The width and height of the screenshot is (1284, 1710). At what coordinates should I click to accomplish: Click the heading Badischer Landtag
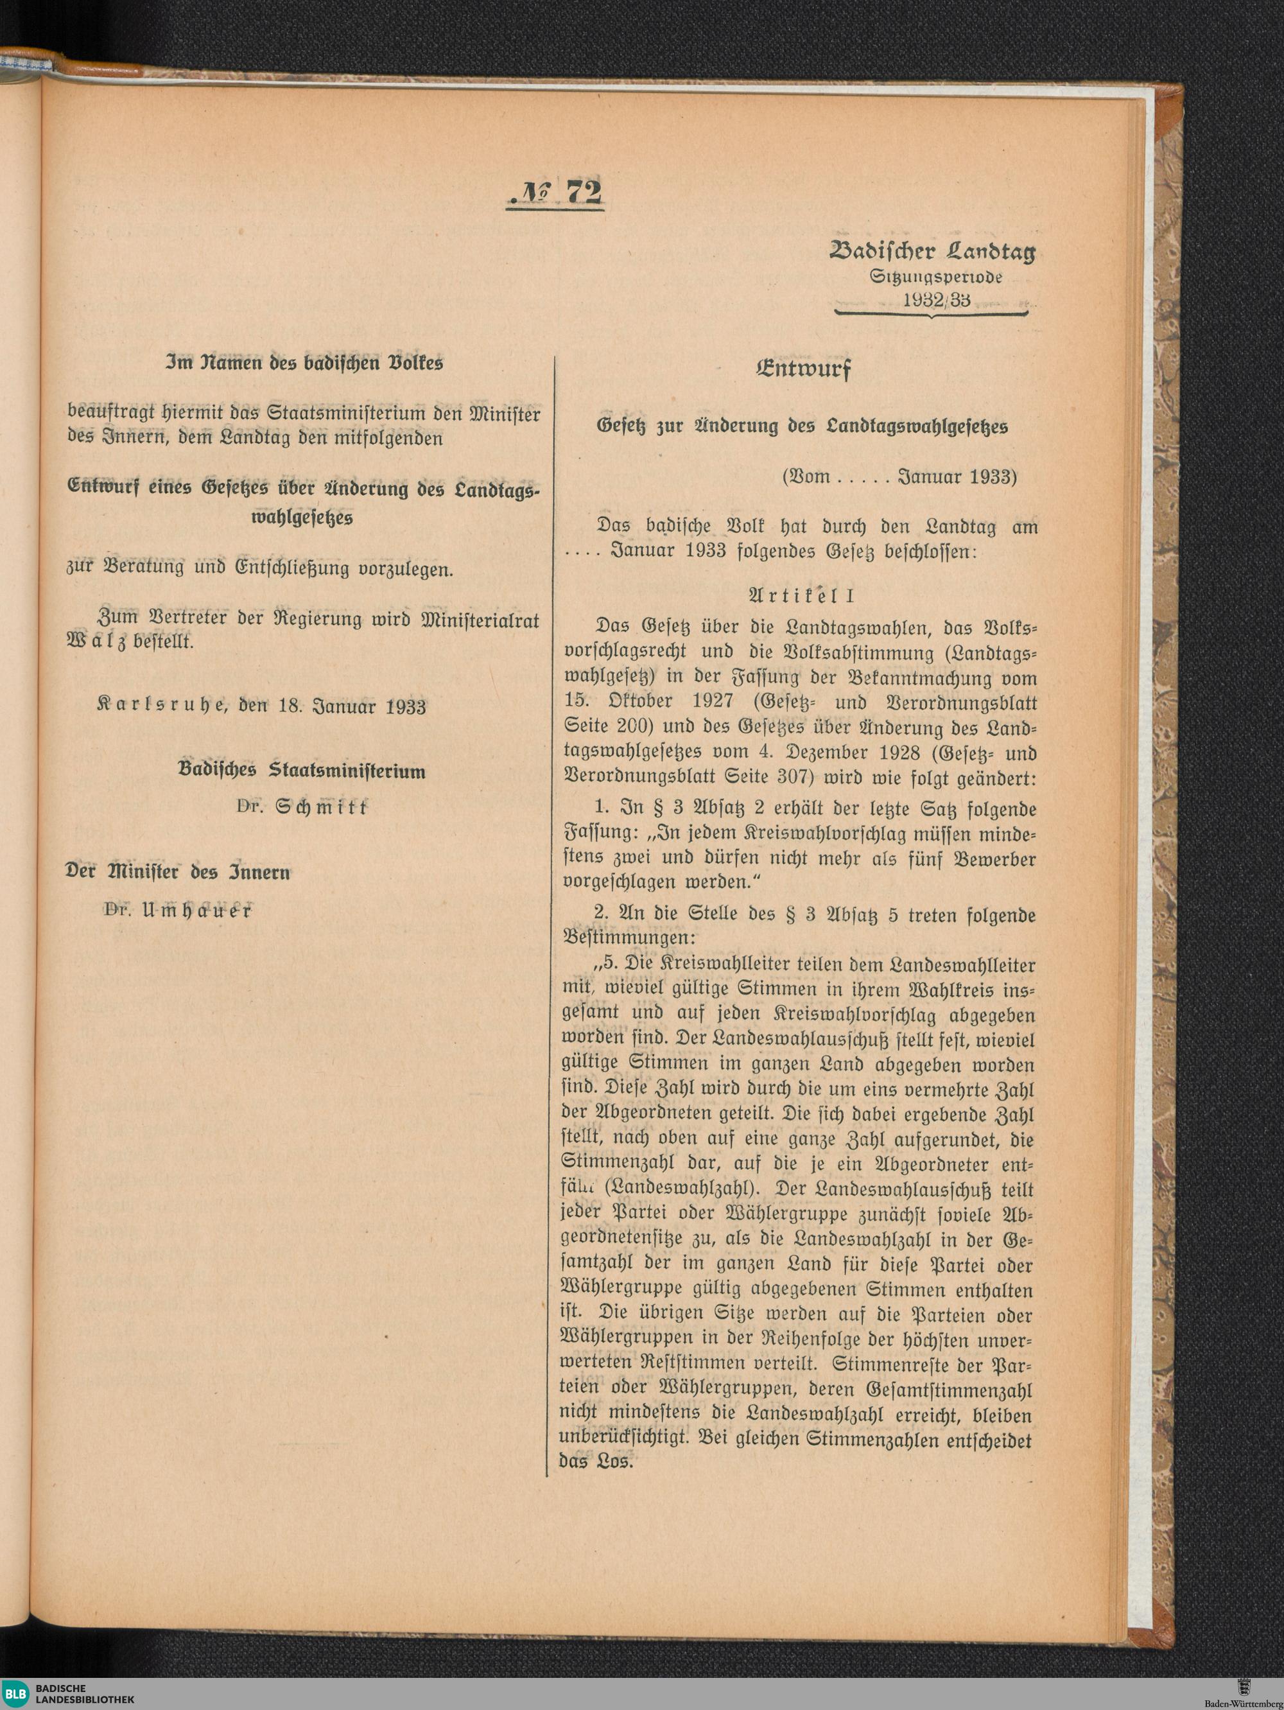[932, 252]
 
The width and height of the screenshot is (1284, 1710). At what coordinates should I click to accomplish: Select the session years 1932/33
[936, 300]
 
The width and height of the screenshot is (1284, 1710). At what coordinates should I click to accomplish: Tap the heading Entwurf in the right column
[803, 369]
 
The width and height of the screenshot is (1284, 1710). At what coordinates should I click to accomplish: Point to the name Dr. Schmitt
[302, 807]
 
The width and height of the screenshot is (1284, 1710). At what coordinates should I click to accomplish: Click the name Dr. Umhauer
[178, 911]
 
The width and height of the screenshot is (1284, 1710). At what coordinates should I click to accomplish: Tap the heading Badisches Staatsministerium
[302, 771]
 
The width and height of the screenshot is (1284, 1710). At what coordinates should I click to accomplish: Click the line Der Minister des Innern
[178, 873]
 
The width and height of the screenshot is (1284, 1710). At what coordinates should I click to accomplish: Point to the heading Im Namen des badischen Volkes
[304, 363]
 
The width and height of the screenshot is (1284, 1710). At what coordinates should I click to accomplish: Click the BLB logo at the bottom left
[15, 1693]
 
